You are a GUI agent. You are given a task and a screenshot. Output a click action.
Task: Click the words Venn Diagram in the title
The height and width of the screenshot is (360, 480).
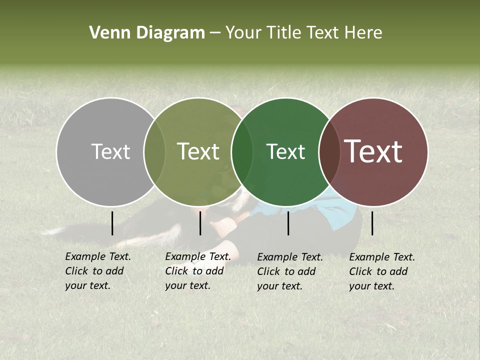147,33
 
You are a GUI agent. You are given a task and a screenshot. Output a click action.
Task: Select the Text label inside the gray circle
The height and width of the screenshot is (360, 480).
110,151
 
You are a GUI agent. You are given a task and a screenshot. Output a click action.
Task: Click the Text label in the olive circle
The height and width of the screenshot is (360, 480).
198,151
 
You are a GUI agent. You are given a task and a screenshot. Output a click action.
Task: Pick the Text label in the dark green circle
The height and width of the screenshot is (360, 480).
285,151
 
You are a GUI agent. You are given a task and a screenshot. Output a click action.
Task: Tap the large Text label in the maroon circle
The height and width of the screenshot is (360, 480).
373,151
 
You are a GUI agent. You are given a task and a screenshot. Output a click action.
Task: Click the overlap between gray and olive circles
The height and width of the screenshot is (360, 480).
154,151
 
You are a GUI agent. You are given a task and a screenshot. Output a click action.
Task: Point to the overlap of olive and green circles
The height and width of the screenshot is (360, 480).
242,151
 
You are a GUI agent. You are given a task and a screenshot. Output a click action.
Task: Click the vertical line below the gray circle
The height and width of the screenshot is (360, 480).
112,223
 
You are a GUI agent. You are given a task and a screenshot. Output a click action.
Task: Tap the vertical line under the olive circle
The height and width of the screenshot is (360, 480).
200,223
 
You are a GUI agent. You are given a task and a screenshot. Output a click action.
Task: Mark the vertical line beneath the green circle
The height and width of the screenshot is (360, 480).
288,223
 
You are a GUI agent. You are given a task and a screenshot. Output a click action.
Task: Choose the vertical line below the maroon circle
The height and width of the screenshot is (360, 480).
372,223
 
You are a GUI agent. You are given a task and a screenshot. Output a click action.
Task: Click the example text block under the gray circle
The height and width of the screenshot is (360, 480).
97,271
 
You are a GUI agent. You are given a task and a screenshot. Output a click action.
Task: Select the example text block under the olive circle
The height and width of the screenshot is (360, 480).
197,271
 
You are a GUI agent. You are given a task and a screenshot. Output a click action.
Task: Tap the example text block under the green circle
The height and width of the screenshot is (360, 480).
289,271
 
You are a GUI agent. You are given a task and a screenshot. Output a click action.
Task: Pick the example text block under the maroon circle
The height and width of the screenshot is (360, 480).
381,271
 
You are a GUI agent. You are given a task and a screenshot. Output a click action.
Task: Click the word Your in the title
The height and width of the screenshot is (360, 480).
243,33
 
